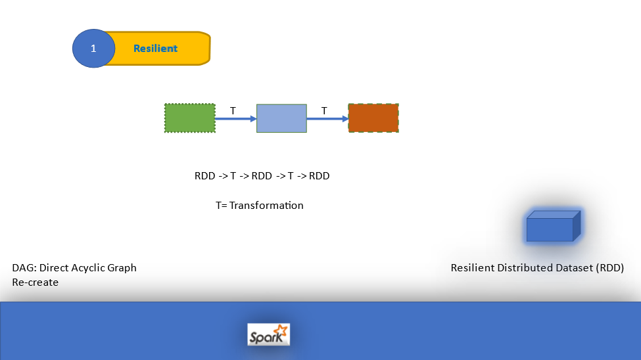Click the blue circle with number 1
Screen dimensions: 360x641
pyautogui.click(x=93, y=49)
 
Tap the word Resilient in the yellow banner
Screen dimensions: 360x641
pyautogui.click(x=155, y=49)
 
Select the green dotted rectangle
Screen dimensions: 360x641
pyautogui.click(x=189, y=118)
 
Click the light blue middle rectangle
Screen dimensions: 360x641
pyautogui.click(x=281, y=118)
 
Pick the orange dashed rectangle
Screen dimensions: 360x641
pyautogui.click(x=373, y=118)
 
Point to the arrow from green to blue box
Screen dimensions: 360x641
pyautogui.click(x=235, y=119)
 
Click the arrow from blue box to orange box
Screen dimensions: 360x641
pyautogui.click(x=327, y=119)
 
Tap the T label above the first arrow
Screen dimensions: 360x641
pyautogui.click(x=233, y=110)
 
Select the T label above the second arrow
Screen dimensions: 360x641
pyautogui.click(x=324, y=110)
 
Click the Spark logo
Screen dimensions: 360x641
pyautogui.click(x=268, y=334)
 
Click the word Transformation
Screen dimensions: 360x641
pyautogui.click(x=266, y=206)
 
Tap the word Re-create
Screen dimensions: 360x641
pyautogui.click(x=36, y=282)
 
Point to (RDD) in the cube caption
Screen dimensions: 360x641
pyautogui.click(x=609, y=268)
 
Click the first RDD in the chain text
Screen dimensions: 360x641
pyautogui.click(x=205, y=176)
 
